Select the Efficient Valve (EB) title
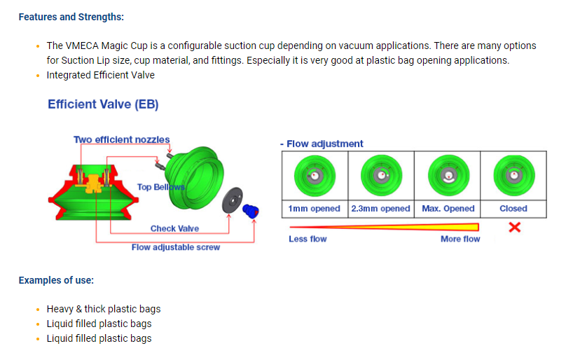coord(103,104)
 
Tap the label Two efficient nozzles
coord(121,139)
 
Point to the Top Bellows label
coord(160,187)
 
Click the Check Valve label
coord(174,228)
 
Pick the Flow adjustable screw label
coord(176,247)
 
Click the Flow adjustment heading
coord(322,144)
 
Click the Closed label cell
coord(513,209)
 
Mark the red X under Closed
coord(513,227)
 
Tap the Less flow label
coord(308,239)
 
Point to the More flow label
coord(460,239)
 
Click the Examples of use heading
coord(56,280)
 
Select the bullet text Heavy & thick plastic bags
coord(104,309)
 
